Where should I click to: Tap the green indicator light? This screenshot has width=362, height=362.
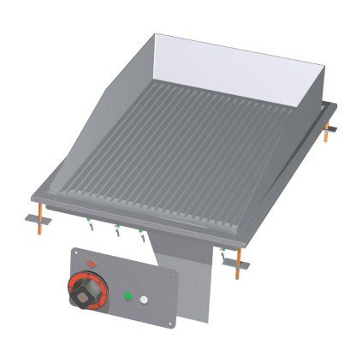127,297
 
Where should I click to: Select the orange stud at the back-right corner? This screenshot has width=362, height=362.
329,132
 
